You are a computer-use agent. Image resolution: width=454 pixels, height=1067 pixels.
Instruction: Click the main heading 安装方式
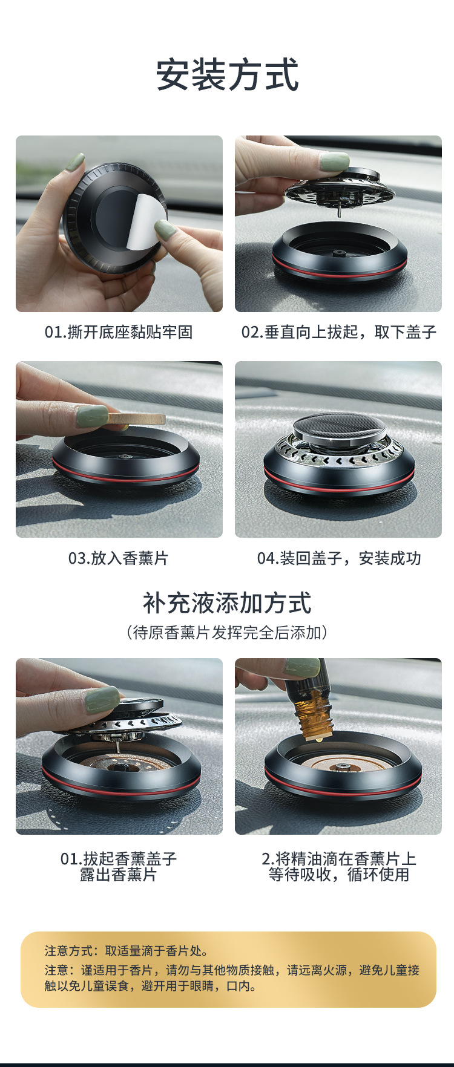(x=227, y=75)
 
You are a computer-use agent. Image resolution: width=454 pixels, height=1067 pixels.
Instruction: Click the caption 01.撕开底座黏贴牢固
(x=119, y=332)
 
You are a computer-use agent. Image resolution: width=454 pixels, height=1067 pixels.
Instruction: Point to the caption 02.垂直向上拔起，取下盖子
(x=338, y=332)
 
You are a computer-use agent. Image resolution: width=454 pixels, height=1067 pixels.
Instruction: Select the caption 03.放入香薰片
(x=119, y=558)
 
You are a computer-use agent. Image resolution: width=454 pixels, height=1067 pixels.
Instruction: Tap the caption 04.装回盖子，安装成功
(x=338, y=558)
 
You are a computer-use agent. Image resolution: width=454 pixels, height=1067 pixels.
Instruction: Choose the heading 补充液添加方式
(x=227, y=603)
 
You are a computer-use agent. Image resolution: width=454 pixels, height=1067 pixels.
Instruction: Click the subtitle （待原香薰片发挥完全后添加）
(x=227, y=633)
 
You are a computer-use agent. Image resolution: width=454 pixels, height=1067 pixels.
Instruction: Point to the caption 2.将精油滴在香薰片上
(x=338, y=859)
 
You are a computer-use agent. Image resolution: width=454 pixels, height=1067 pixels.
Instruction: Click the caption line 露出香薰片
(x=119, y=875)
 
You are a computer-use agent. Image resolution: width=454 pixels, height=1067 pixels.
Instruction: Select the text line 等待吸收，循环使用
(x=338, y=875)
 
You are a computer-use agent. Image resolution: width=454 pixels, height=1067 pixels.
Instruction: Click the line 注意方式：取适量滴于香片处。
(x=127, y=951)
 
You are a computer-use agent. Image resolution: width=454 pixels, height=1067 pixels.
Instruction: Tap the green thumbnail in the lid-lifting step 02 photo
(x=334, y=162)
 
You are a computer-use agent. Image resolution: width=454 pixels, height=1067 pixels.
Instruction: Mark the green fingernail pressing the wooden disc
(x=93, y=416)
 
